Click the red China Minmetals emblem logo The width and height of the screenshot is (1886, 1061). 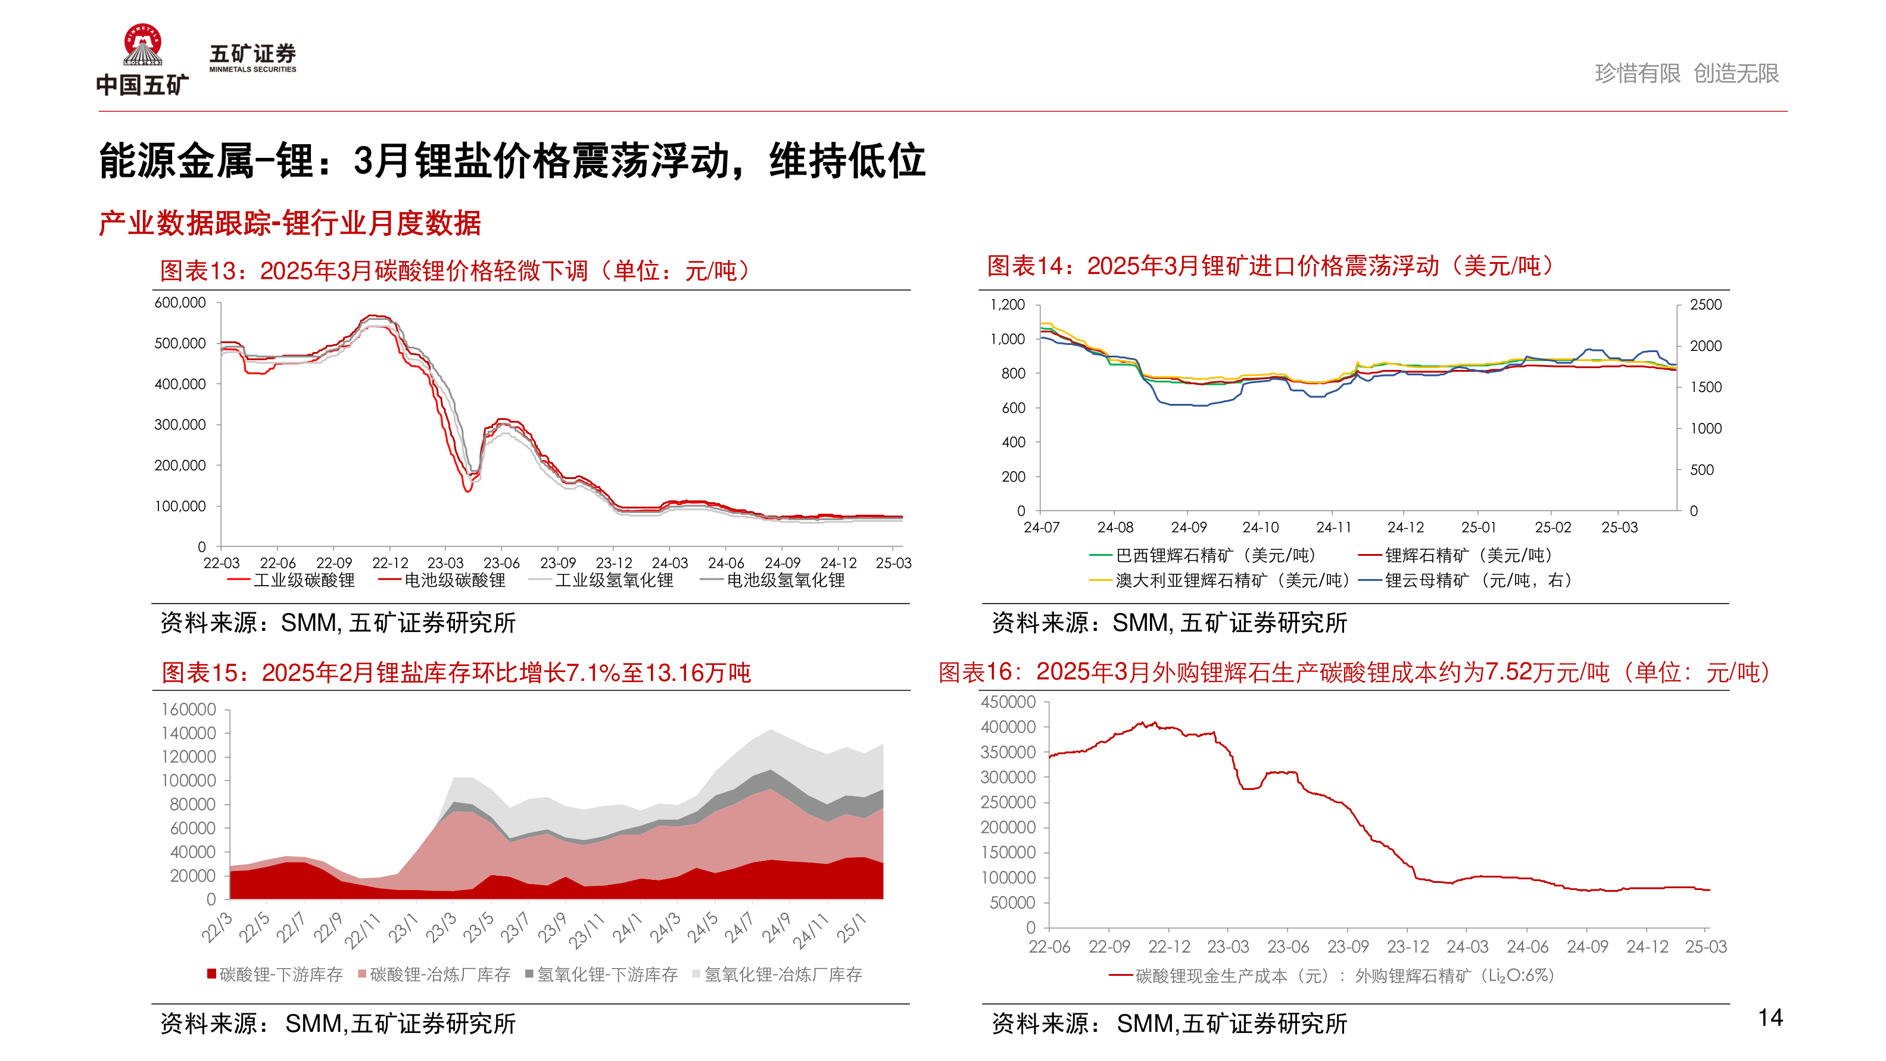[x=143, y=45]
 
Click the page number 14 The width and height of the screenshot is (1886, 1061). [x=1770, y=1018]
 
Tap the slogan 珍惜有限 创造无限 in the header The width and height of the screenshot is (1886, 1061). [x=1686, y=73]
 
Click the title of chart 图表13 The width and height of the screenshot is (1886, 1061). [x=454, y=271]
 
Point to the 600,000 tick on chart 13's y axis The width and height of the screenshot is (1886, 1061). [x=179, y=303]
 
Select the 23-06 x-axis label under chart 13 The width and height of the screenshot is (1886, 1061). [x=501, y=563]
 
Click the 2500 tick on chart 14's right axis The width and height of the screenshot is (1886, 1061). [x=1705, y=304]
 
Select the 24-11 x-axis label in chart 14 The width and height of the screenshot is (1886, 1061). [x=1333, y=527]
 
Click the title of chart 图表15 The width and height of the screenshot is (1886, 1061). [x=456, y=672]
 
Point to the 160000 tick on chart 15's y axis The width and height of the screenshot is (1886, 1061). [x=188, y=710]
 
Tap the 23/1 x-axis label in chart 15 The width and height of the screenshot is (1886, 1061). [x=402, y=929]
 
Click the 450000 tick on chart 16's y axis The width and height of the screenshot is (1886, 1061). [x=1008, y=702]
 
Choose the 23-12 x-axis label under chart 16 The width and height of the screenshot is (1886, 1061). [x=1407, y=947]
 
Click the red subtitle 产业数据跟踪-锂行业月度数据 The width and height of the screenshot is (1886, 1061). [x=290, y=223]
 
